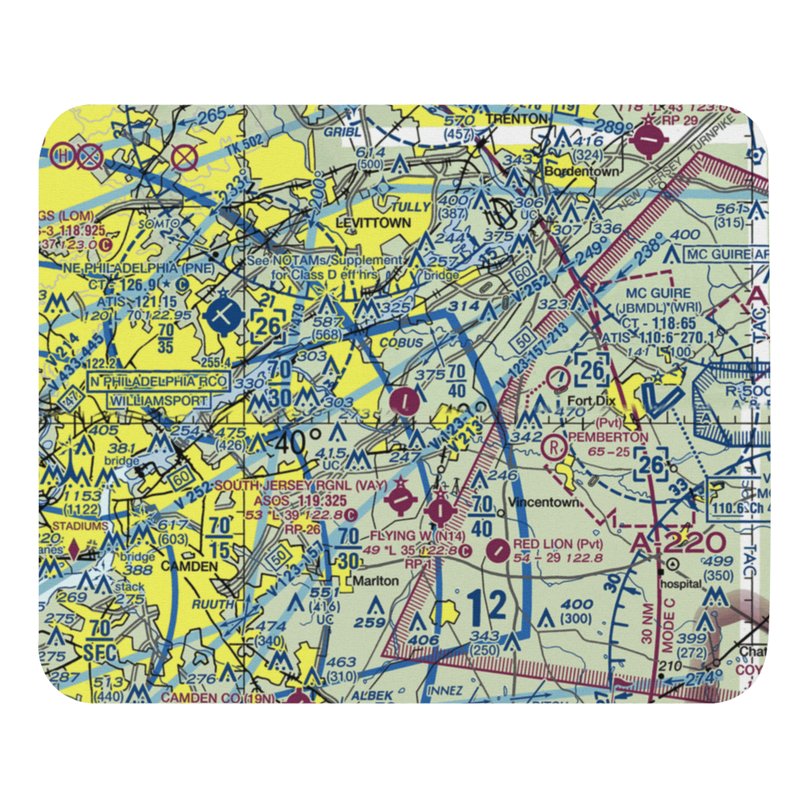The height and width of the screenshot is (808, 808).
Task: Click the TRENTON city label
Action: point(517,119)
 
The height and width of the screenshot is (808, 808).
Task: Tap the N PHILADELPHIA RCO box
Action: point(161,381)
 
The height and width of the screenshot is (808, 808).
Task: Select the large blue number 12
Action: point(485,605)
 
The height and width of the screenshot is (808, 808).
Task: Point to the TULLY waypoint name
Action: point(407,207)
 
